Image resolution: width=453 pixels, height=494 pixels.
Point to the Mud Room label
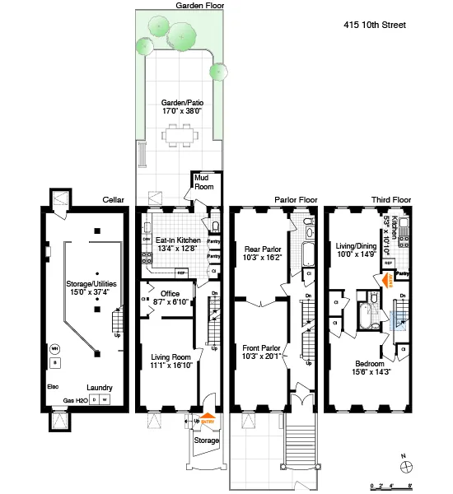click(x=204, y=184)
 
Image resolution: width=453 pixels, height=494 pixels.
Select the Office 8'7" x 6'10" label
click(x=170, y=298)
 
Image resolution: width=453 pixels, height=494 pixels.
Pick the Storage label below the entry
click(x=207, y=440)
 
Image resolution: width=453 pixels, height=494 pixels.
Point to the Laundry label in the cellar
click(x=100, y=388)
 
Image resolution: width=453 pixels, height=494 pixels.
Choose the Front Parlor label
click(x=264, y=352)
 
